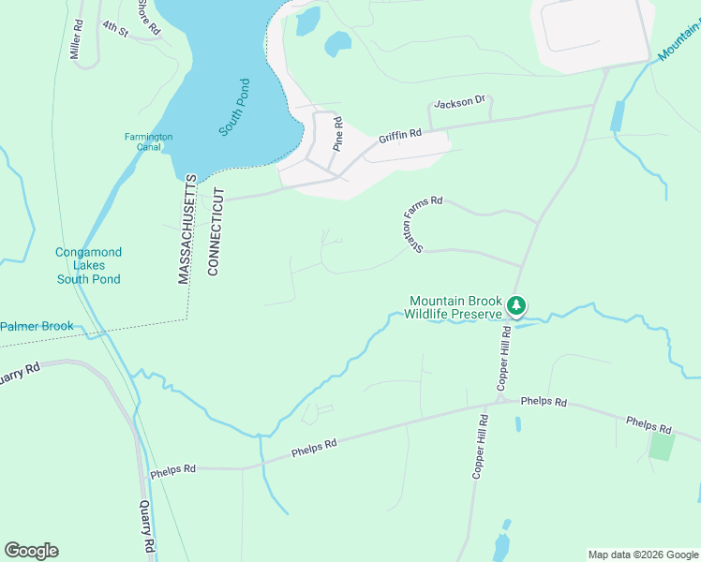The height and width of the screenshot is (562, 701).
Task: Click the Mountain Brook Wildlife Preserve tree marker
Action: tap(516, 305)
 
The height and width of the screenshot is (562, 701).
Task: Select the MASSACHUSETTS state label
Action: tap(186, 229)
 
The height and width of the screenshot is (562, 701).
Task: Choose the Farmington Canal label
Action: tap(148, 141)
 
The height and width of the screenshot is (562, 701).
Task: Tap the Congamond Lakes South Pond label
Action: tap(89, 266)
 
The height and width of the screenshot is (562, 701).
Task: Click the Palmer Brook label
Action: tap(37, 327)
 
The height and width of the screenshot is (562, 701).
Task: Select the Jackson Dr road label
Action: tap(458, 101)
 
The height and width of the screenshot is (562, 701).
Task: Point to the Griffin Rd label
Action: tap(400, 137)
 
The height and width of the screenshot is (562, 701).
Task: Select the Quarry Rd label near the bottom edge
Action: tap(146, 525)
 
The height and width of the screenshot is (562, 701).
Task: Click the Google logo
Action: tap(31, 551)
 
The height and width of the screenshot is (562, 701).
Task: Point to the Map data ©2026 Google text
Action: tap(642, 555)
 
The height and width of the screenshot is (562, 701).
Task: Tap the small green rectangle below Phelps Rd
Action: tap(662, 447)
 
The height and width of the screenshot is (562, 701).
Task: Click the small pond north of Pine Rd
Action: tap(337, 43)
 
